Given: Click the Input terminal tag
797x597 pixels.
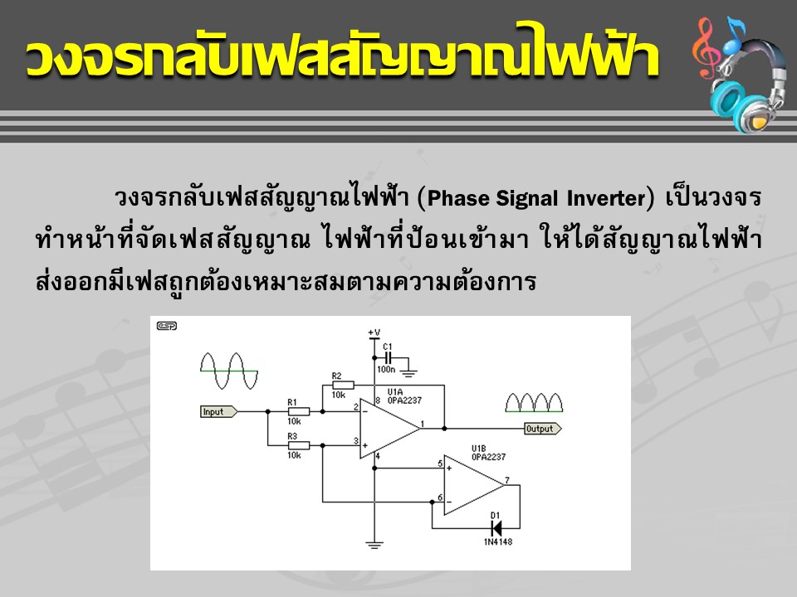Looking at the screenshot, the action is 218,412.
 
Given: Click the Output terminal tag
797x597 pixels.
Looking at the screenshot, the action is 542,429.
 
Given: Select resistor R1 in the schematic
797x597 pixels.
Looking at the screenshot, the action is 298,411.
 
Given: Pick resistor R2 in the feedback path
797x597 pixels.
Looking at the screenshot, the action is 343,386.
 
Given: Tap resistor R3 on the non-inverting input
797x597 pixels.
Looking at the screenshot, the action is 298,446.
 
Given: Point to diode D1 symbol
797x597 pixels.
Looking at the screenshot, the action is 496,528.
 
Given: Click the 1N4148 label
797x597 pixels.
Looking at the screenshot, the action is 498,542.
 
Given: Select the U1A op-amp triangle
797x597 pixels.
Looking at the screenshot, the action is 390,429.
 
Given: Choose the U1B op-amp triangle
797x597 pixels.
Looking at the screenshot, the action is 474,485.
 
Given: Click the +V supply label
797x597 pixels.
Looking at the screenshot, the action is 374,333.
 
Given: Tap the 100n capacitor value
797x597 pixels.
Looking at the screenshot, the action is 386,370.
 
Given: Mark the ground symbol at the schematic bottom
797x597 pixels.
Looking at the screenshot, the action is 374,546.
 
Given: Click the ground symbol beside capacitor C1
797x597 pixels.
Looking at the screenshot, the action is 408,374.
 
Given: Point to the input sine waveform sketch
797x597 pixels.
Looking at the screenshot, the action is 229,371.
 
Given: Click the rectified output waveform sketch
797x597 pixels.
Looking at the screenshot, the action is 534,403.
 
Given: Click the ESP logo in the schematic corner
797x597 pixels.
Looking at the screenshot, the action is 167,326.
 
